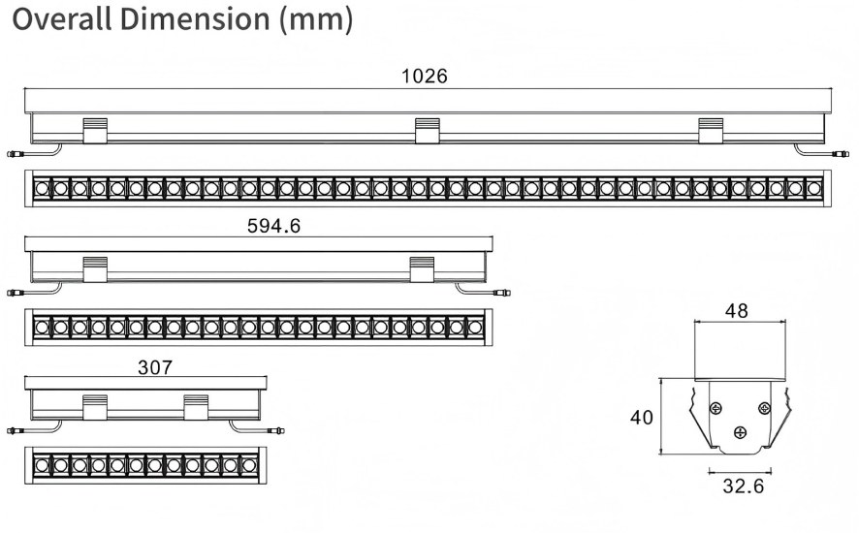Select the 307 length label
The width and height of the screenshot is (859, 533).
click(x=155, y=367)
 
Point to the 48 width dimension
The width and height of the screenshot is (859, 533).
click(x=737, y=311)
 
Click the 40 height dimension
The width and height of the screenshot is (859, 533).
click(x=642, y=418)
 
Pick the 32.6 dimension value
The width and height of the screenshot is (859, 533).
click(x=743, y=486)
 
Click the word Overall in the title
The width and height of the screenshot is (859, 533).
click(x=60, y=19)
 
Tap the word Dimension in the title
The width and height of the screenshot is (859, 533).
click(x=195, y=19)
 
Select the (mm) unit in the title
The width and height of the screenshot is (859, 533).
click(x=315, y=19)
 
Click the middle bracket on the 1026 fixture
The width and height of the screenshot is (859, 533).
click(x=428, y=130)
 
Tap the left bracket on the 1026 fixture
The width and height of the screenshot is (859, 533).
click(x=94, y=130)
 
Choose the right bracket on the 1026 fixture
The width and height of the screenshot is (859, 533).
click(x=711, y=130)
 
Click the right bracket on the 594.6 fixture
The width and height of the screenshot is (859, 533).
click(x=422, y=269)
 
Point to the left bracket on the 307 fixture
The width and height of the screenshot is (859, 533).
click(x=94, y=407)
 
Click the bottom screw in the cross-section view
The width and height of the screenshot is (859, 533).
click(x=741, y=432)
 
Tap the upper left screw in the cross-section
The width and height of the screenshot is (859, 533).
click(x=716, y=407)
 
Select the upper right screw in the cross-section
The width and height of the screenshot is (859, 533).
click(x=764, y=407)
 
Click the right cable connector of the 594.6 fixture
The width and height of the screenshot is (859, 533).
click(x=503, y=292)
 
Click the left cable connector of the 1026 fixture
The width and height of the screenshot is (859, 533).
click(x=13, y=153)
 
